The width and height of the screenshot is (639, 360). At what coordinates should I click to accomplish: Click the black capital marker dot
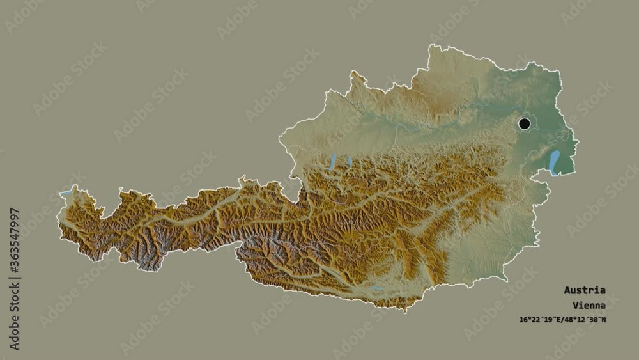pyautogui.click(x=525, y=123)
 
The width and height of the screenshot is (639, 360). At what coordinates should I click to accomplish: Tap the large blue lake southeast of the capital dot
pyautogui.click(x=554, y=162)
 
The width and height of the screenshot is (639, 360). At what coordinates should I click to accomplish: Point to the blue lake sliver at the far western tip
pyautogui.click(x=66, y=192)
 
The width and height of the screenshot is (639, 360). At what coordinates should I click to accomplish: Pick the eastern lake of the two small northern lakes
pyautogui.click(x=350, y=162)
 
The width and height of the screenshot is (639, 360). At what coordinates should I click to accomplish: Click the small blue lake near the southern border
pyautogui.click(x=378, y=290)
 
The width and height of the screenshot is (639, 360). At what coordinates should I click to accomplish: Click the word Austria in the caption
pyautogui.click(x=585, y=290)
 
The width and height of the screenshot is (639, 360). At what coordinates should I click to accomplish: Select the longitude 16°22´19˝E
pyautogui.click(x=540, y=319)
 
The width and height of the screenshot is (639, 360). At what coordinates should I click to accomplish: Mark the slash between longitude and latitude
pyautogui.click(x=562, y=319)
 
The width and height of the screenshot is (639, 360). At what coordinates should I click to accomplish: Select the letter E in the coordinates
pyautogui.click(x=558, y=319)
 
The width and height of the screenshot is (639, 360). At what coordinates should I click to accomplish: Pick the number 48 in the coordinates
pyautogui.click(x=569, y=319)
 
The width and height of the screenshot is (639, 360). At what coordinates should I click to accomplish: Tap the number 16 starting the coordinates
pyautogui.click(x=523, y=319)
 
